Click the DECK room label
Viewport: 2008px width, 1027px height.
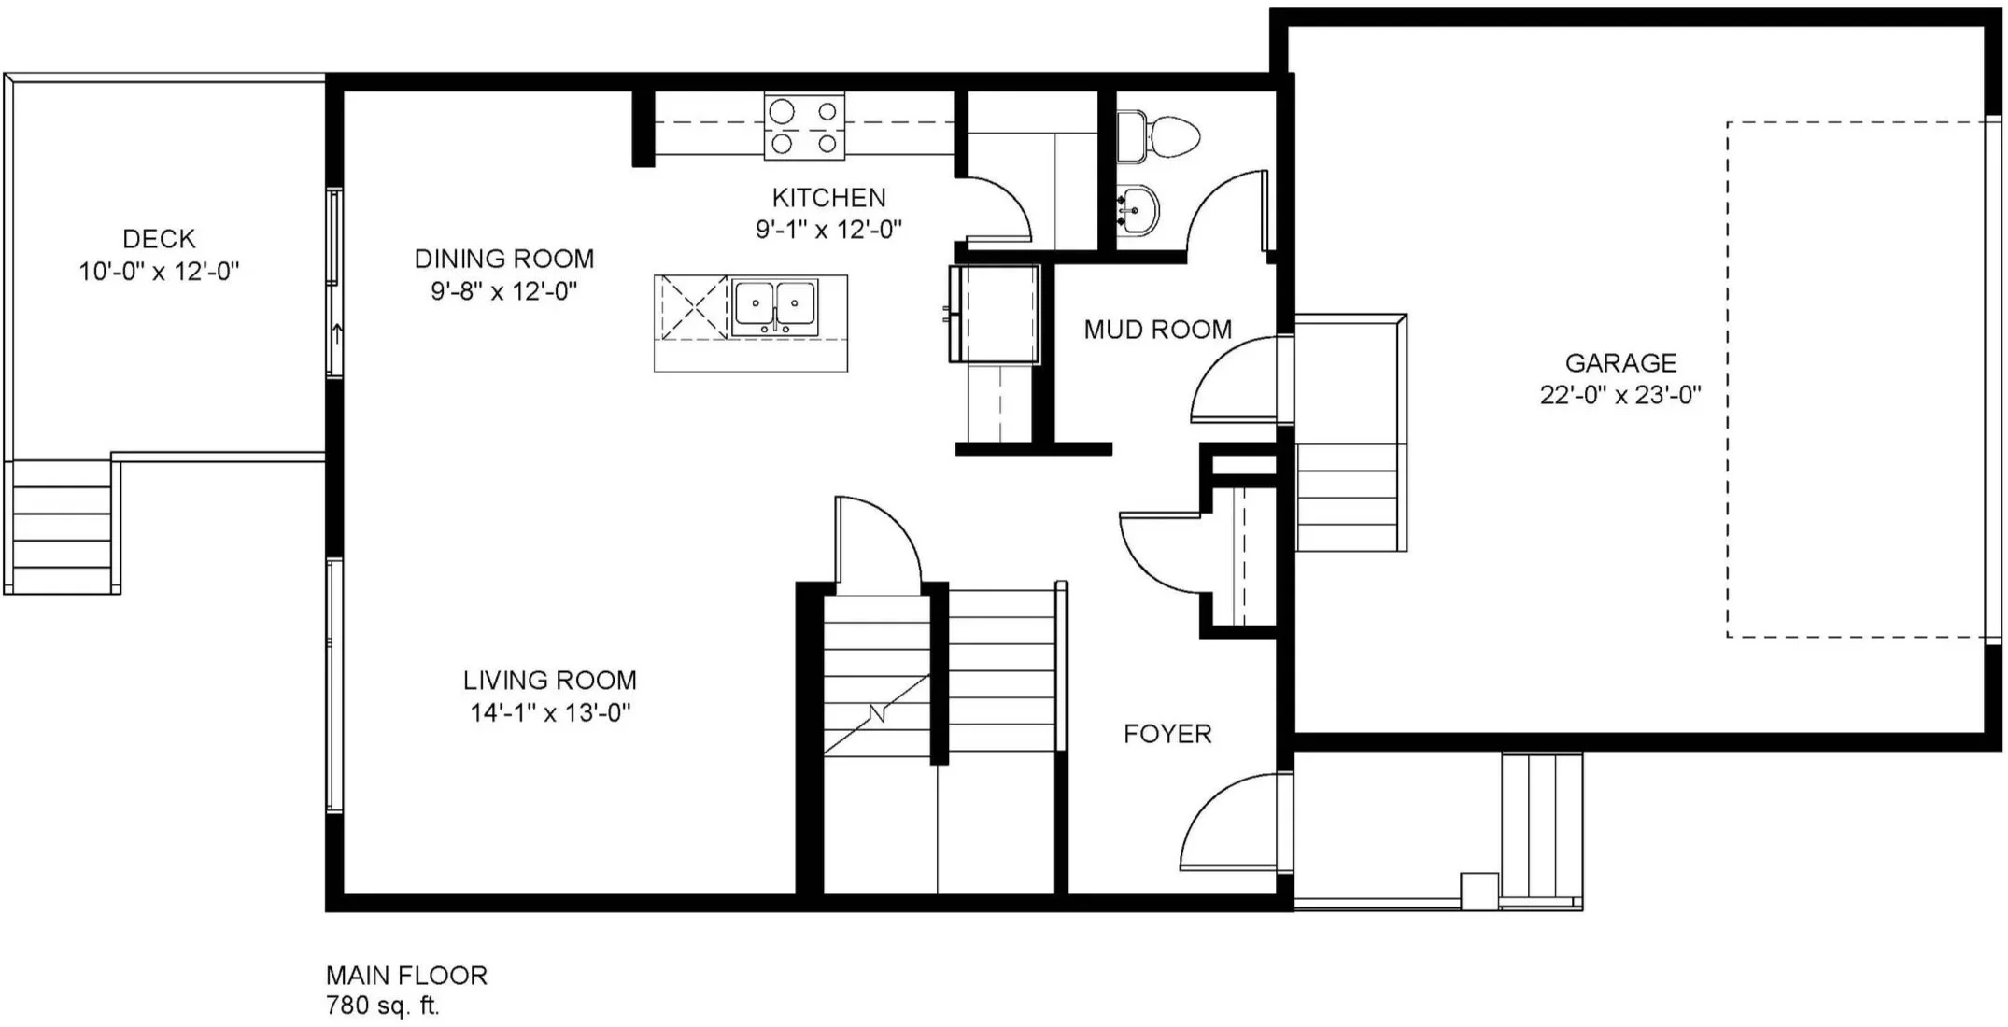pyautogui.click(x=159, y=239)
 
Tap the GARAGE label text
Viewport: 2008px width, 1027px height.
pyautogui.click(x=1620, y=362)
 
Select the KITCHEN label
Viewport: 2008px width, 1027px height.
pyautogui.click(x=828, y=198)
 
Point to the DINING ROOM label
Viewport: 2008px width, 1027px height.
pyautogui.click(x=504, y=259)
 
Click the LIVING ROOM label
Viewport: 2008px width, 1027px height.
pyautogui.click(x=550, y=681)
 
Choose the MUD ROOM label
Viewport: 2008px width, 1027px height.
pyautogui.click(x=1158, y=330)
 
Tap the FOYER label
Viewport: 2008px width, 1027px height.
pyautogui.click(x=1167, y=734)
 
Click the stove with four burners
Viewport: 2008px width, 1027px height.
pyautogui.click(x=804, y=126)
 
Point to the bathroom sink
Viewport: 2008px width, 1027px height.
pyautogui.click(x=1138, y=210)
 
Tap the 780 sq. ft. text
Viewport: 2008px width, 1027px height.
pyautogui.click(x=382, y=1006)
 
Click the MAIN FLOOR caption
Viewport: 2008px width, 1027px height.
pyautogui.click(x=406, y=976)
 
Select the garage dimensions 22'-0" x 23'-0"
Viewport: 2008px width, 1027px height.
pyautogui.click(x=1620, y=396)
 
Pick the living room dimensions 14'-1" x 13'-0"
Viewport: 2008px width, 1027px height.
pyautogui.click(x=550, y=713)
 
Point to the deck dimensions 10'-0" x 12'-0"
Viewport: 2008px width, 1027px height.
pyautogui.click(x=159, y=272)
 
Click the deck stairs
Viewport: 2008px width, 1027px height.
pyautogui.click(x=64, y=527)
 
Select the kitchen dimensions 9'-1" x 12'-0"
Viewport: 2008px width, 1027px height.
pyautogui.click(x=828, y=230)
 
